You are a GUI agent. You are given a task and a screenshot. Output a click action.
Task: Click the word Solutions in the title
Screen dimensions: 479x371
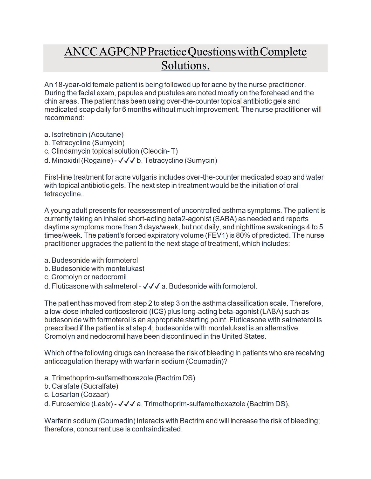pos(185,65)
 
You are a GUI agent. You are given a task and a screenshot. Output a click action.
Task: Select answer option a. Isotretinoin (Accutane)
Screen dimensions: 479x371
pos(84,135)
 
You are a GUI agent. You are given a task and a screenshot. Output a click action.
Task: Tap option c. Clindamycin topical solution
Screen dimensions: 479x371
pos(111,151)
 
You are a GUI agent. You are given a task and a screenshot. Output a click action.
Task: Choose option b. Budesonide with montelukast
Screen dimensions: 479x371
pos(94,269)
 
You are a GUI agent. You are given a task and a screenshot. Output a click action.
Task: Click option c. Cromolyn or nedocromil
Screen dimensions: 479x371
pos(86,277)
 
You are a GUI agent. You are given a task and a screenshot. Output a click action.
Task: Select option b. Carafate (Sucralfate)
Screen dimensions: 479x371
pos(81,386)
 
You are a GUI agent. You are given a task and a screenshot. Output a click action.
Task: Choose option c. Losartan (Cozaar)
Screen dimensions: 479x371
pos(77,395)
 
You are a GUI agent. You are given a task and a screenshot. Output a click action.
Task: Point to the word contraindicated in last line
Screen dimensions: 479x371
pos(157,429)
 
